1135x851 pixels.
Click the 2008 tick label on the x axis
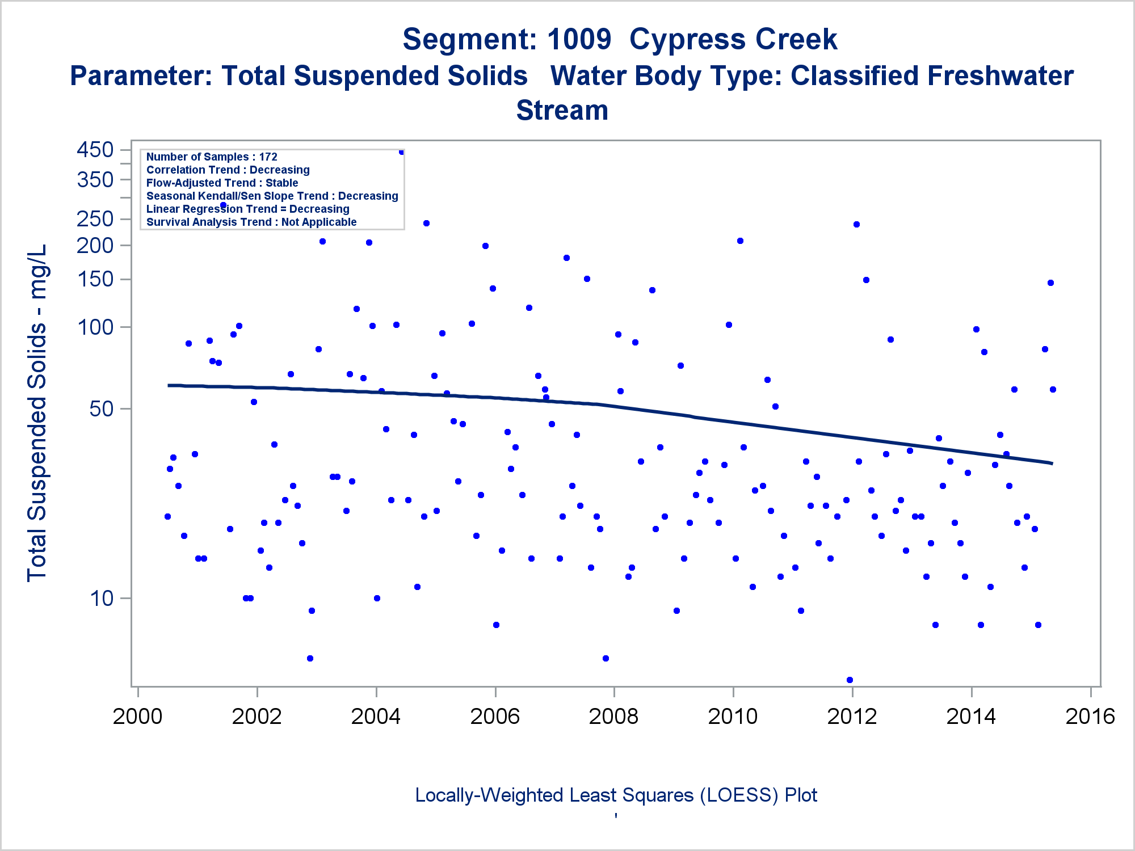click(x=613, y=716)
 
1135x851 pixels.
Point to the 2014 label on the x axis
click(x=971, y=716)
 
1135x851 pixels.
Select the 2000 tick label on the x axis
click(x=137, y=716)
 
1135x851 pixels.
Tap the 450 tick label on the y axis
click(x=95, y=150)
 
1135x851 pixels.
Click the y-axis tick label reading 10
click(x=102, y=598)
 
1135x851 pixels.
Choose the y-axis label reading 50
click(x=102, y=408)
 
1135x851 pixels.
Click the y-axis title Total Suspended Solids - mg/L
click(x=37, y=413)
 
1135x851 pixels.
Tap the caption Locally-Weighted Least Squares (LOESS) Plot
click(x=616, y=795)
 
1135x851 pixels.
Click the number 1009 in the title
click(x=579, y=40)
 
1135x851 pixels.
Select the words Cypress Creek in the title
click(x=733, y=40)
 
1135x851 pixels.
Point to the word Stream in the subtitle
click(x=562, y=110)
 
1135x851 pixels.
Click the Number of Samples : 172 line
click(x=212, y=157)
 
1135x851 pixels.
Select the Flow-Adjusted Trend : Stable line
click(x=222, y=183)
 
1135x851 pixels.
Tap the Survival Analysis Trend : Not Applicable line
click(x=251, y=222)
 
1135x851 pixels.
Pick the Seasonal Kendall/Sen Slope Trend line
click(x=272, y=196)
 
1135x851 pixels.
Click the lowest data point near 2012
click(x=850, y=680)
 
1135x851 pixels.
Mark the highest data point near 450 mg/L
click(x=401, y=152)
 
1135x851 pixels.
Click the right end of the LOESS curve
click(x=1052, y=464)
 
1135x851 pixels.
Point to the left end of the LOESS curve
click(x=169, y=385)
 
